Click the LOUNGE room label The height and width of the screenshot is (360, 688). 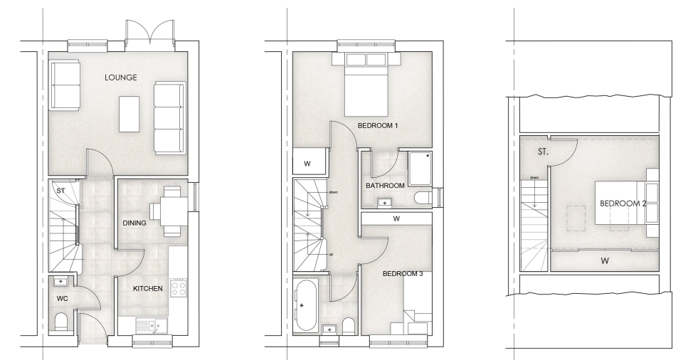coord(121,78)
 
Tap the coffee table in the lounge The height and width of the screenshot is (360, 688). coord(129,114)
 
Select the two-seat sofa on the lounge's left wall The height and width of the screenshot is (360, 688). coord(65,85)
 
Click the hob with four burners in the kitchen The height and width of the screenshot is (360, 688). coord(178,288)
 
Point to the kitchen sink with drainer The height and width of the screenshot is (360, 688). coord(148,327)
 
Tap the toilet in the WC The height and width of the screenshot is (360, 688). coord(61,322)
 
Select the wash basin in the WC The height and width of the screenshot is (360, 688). coord(60,281)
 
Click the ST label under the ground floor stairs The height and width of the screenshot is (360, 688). coord(60,191)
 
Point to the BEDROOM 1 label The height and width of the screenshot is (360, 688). coord(378,125)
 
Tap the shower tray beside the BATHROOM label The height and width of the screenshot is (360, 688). coord(420,169)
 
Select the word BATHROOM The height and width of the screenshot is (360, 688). coord(385,186)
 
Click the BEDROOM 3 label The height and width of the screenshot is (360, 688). coord(403,274)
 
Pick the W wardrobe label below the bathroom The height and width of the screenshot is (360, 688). coord(397,218)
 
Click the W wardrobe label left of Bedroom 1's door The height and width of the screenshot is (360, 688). coord(307,164)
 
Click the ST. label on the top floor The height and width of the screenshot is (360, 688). coord(543,152)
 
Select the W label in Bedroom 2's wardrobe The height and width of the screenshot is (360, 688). coord(605,261)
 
